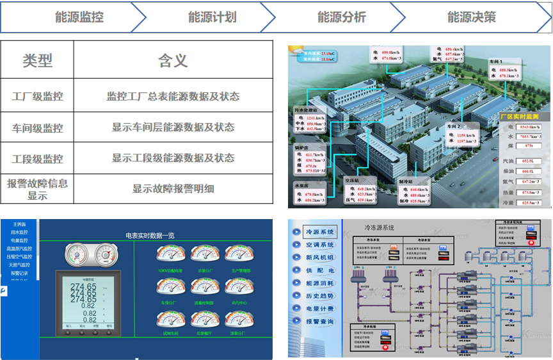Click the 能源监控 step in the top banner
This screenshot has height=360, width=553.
point(79,17)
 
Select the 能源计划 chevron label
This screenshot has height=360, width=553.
point(212,17)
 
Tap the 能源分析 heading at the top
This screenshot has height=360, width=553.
point(342,17)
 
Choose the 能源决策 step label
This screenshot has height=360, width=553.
point(472,17)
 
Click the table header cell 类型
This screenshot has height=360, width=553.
point(37,60)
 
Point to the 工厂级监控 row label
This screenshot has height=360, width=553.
point(37,97)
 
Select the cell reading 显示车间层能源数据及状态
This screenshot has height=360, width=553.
point(173,127)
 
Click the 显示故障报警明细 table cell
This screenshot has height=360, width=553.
point(173,188)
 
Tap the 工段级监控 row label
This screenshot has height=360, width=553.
point(37,158)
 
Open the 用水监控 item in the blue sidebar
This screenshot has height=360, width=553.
point(19,233)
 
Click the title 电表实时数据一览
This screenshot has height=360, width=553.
point(151,236)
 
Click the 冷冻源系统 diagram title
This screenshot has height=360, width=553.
point(380,227)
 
